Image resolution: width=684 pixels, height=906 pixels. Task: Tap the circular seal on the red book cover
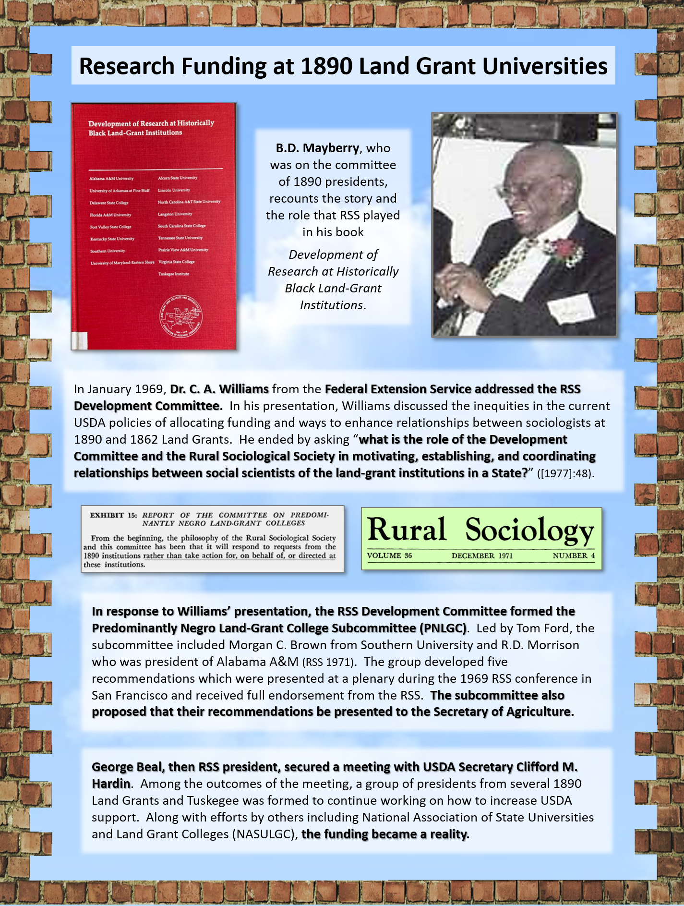coord(181,316)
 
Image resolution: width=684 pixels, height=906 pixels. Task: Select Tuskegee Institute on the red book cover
coord(174,274)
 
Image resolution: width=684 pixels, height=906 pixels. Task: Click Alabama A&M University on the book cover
coord(111,179)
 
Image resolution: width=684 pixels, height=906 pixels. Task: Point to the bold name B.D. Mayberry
coord(317,148)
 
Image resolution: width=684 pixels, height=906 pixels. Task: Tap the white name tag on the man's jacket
coord(570,307)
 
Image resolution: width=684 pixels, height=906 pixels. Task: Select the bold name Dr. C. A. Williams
coord(219,389)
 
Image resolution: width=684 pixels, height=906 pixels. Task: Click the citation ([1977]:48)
coord(566,473)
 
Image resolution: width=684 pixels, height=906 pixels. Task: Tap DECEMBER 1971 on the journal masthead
coord(482,556)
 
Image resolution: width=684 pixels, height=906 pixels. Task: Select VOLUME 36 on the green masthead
coord(389,556)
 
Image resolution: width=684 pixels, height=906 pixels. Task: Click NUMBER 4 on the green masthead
coord(574,556)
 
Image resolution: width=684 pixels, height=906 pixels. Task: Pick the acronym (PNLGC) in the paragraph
coord(443,628)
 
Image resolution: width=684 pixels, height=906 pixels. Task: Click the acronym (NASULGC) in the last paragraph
coord(263,834)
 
